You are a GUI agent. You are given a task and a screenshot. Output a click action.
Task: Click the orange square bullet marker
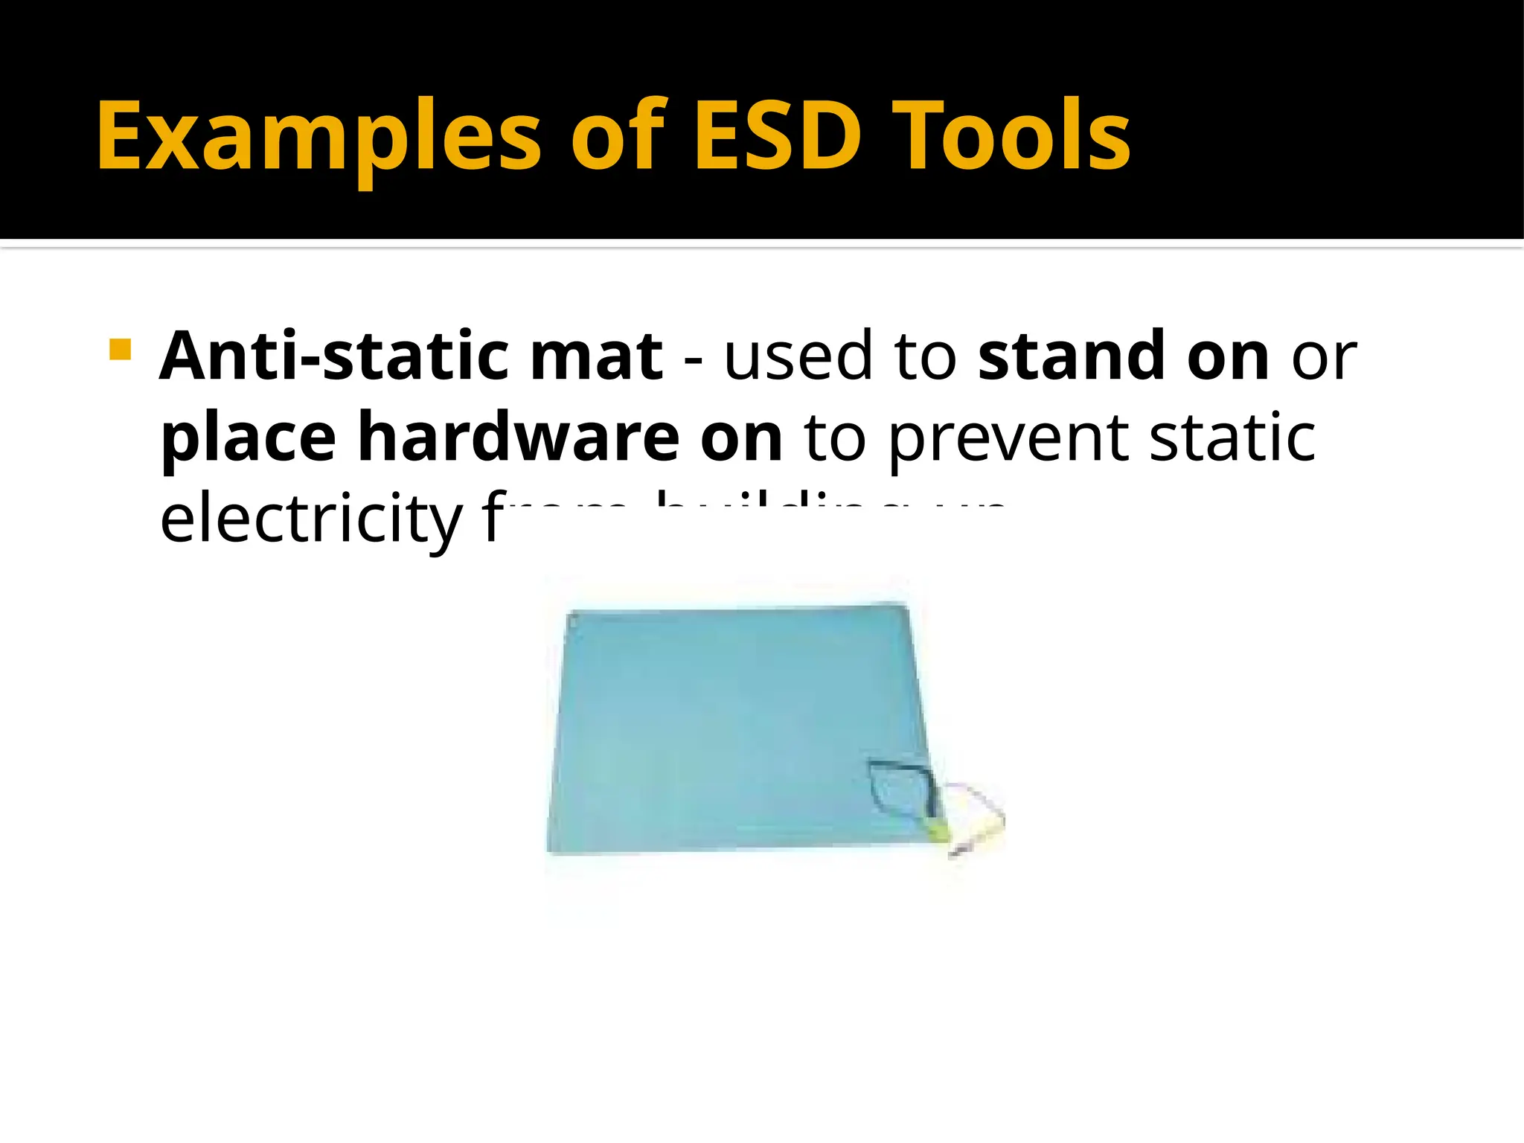pos(120,349)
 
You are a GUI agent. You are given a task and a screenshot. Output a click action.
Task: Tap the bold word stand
pos(1070,356)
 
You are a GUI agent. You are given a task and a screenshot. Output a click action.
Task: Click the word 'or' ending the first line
pos(1324,356)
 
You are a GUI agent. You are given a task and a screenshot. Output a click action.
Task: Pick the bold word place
pos(248,439)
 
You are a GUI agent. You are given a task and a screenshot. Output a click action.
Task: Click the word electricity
pos(311,519)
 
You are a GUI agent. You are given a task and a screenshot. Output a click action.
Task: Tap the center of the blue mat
pos(737,729)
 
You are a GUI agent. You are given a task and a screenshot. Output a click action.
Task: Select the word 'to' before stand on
pos(925,356)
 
